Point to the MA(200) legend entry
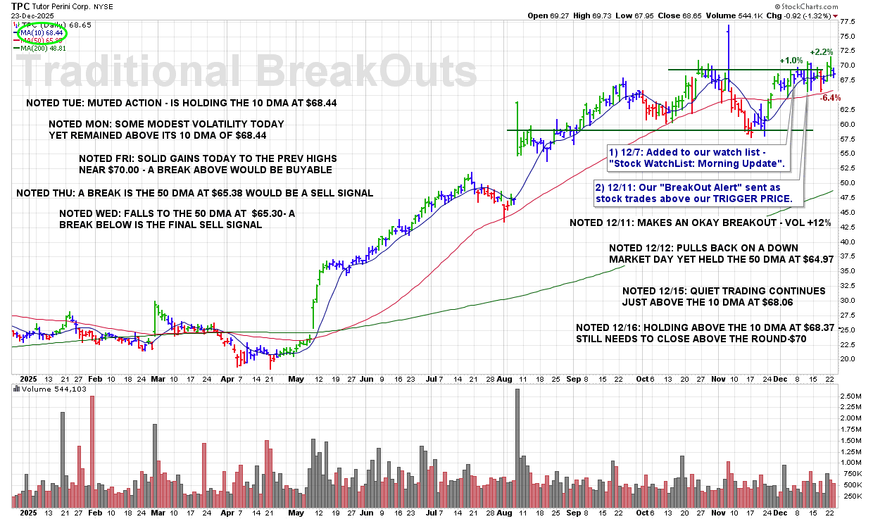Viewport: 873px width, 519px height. pos(44,48)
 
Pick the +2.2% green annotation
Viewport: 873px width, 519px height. pos(821,52)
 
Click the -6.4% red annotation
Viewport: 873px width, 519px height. pos(830,98)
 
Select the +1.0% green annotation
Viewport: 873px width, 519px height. pos(791,61)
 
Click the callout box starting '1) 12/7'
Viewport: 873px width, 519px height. pos(696,158)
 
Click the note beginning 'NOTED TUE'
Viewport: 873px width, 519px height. pos(181,103)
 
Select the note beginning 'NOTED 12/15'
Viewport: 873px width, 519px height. pos(724,296)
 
